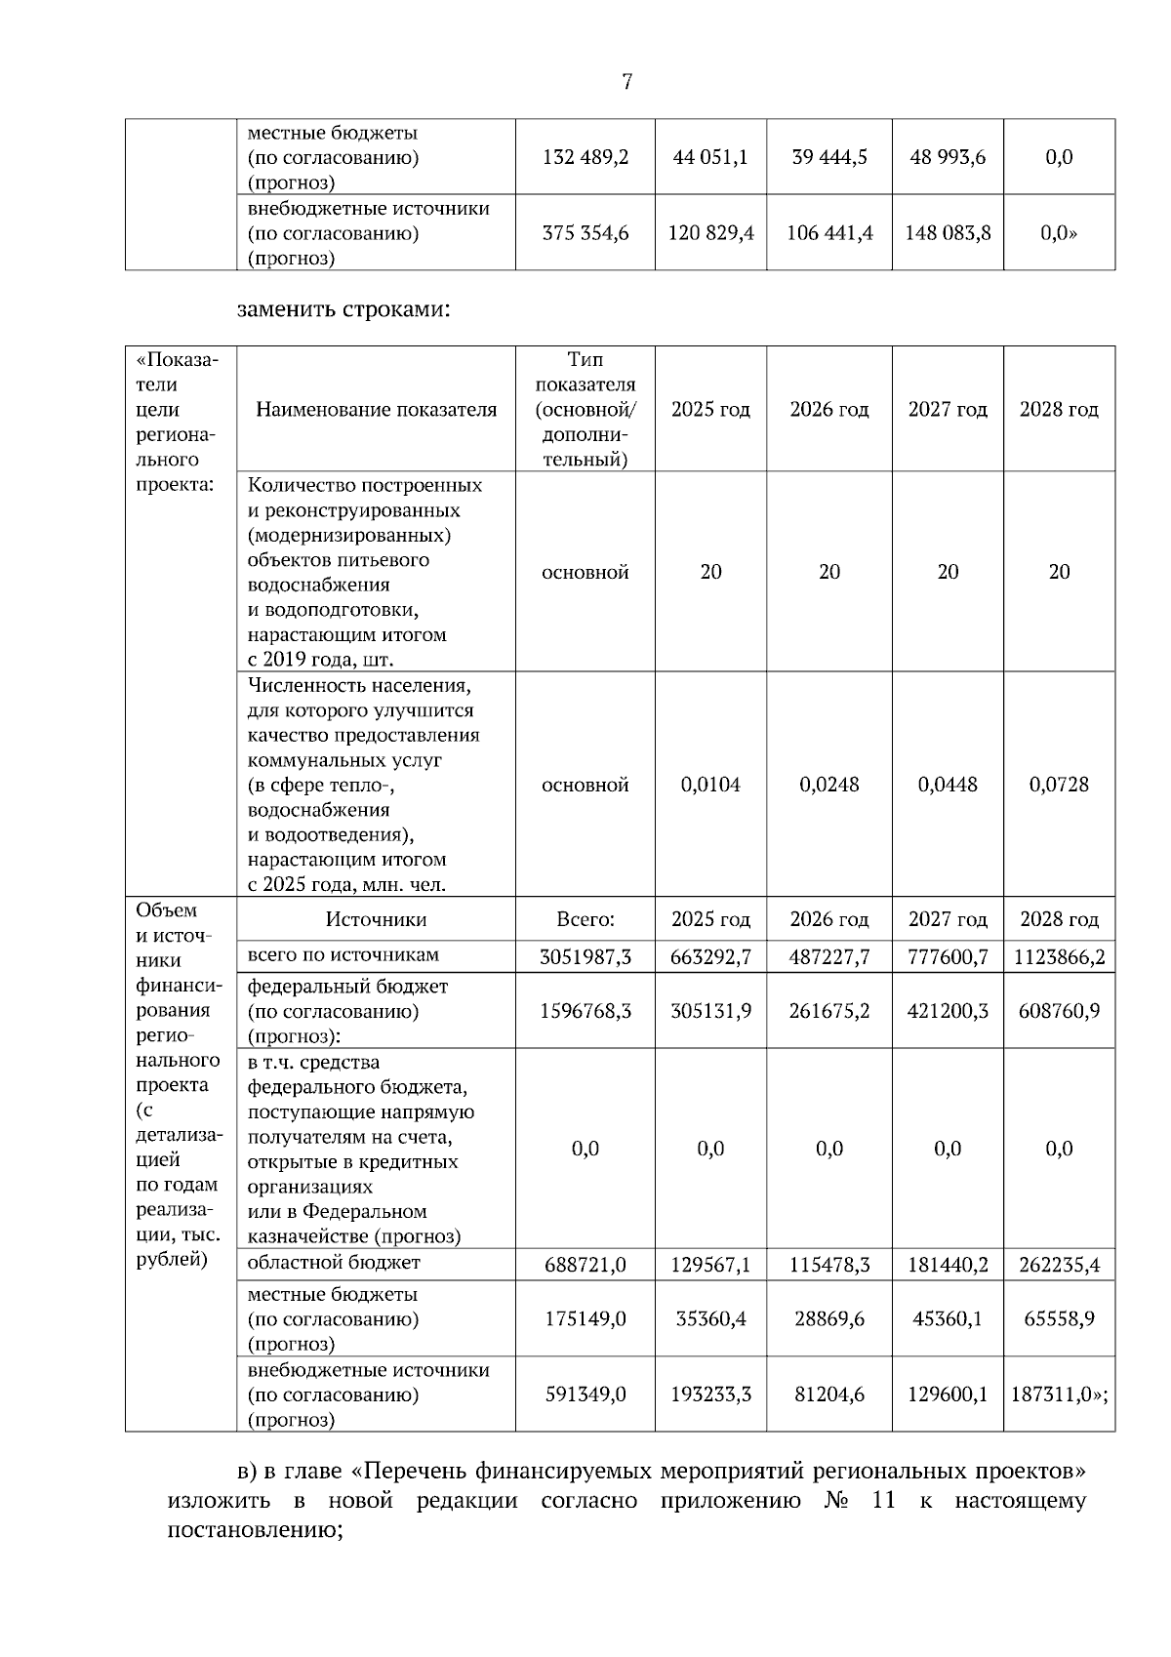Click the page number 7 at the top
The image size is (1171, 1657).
pos(626,82)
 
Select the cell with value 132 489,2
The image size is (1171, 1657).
pos(585,157)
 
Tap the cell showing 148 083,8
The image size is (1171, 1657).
pos(947,233)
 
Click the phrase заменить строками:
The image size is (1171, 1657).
pos(343,309)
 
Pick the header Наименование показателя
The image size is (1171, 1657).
pos(376,410)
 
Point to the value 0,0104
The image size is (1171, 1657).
pos(710,785)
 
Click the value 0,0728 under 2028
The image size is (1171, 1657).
pos(1059,785)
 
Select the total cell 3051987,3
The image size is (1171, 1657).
pos(585,957)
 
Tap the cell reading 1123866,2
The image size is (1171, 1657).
pos(1059,957)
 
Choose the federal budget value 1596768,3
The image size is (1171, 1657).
pos(585,1011)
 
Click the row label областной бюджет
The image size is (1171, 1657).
pos(334,1263)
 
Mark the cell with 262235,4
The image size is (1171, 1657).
pos(1059,1266)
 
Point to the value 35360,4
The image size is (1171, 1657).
pos(710,1319)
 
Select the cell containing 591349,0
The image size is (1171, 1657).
pos(585,1394)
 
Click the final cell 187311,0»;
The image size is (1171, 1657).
pos(1059,1394)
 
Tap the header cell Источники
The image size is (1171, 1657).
pos(376,919)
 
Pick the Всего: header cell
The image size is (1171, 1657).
pos(585,919)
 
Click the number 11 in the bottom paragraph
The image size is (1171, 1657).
pos(883,1500)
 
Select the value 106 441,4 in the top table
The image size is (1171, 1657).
pos(828,233)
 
